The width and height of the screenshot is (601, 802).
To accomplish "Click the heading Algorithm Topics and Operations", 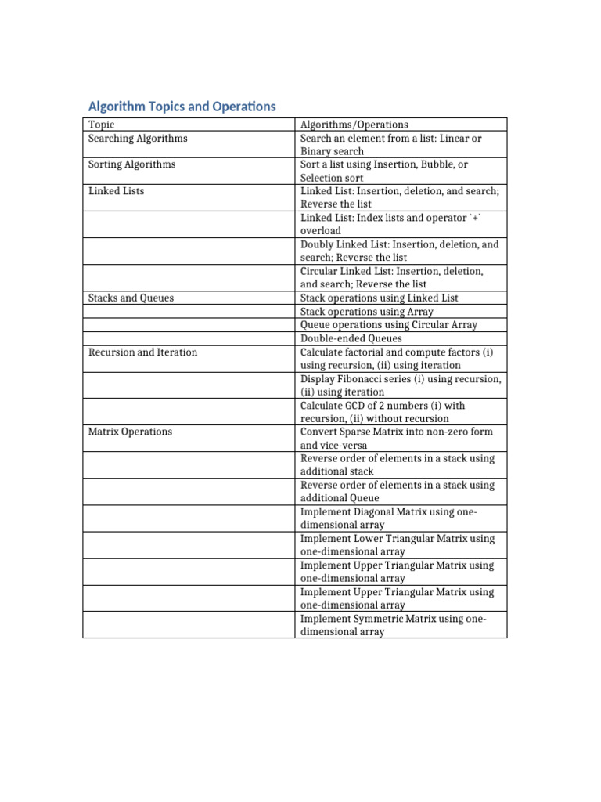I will point(182,106).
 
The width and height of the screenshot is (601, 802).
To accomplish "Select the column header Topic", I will point(101,125).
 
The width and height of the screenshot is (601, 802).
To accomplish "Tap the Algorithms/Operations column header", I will point(354,125).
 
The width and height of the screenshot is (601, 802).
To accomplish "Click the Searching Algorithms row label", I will point(138,138).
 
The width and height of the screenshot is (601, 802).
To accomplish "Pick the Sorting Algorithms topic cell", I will point(131,164).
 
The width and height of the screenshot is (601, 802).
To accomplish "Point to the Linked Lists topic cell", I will point(116,191).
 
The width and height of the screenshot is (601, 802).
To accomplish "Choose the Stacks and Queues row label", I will point(131,298).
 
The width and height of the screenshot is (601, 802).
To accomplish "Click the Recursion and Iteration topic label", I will point(142,352).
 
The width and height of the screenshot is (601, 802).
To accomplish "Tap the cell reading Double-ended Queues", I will point(351,338).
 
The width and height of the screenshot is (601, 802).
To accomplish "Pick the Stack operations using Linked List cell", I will point(379,298).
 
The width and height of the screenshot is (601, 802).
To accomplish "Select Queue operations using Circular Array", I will point(388,324).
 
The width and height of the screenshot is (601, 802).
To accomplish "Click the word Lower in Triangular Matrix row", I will point(369,539).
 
